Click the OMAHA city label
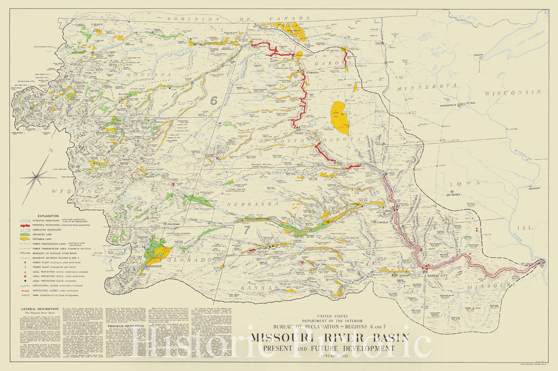tap(389, 211)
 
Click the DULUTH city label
tap(478, 55)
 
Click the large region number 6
tap(214, 101)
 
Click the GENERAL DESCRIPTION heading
tap(40, 309)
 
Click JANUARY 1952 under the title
tap(329, 355)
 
